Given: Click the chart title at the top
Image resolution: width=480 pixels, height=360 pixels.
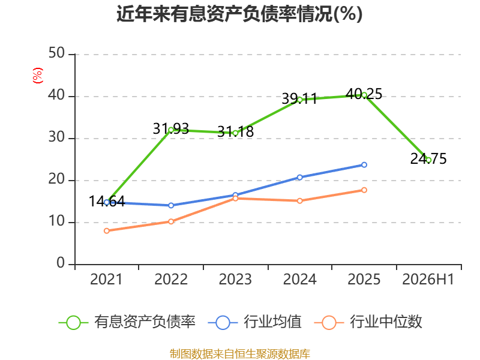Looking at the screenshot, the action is pyautogui.click(x=239, y=14).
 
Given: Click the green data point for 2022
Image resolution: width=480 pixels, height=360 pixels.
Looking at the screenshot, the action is pyautogui.click(x=171, y=130).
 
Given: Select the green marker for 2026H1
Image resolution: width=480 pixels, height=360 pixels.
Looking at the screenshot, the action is pyautogui.click(x=428, y=160).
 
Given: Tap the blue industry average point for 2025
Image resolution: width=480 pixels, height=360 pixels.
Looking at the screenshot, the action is pyautogui.click(x=364, y=164).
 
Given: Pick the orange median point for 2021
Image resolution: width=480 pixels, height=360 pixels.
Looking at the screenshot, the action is pyautogui.click(x=107, y=231).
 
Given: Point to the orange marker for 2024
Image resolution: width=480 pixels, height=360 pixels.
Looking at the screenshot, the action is pyautogui.click(x=299, y=201).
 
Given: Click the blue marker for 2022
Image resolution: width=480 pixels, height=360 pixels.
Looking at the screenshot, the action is pyautogui.click(x=171, y=205).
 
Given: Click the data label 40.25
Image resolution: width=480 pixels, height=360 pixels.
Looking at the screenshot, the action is pyautogui.click(x=364, y=94).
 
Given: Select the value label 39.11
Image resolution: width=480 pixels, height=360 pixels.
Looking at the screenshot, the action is pyautogui.click(x=299, y=98).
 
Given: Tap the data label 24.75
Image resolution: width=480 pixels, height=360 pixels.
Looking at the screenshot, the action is pyautogui.click(x=428, y=158).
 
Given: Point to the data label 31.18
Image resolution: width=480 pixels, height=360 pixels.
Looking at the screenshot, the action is pyautogui.click(x=235, y=131).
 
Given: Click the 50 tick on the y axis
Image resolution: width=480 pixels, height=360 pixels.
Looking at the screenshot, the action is pyautogui.click(x=56, y=53).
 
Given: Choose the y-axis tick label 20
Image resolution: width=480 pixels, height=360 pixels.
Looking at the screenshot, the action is pyautogui.click(x=56, y=179).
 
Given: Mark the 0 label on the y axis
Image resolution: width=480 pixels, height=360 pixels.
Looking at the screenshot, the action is pyautogui.click(x=61, y=263).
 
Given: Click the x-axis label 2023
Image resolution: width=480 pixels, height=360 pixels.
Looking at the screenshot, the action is pyautogui.click(x=235, y=279).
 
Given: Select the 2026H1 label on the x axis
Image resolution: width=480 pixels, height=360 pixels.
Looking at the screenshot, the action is pyautogui.click(x=428, y=279).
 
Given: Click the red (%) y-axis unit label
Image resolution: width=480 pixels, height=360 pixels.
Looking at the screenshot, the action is pyautogui.click(x=38, y=76).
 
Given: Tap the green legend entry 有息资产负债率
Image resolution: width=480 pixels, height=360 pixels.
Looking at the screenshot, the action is pyautogui.click(x=127, y=322).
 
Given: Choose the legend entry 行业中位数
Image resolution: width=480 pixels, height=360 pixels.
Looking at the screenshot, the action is pyautogui.click(x=368, y=322).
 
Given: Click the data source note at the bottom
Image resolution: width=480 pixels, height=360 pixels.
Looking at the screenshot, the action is pyautogui.click(x=240, y=354).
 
